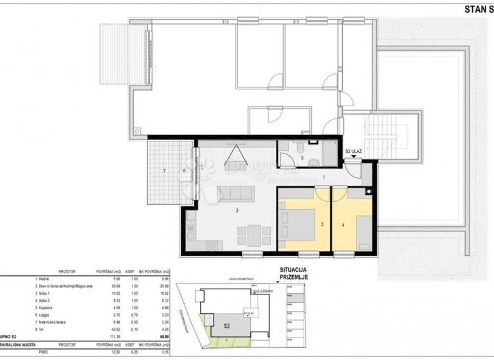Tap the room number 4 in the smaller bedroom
(343, 225)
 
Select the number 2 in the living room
(238, 211)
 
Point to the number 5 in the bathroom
(302, 157)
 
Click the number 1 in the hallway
(324, 177)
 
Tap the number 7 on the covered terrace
(164, 171)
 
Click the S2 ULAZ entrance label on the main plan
(354, 152)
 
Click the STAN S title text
(477, 9)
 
